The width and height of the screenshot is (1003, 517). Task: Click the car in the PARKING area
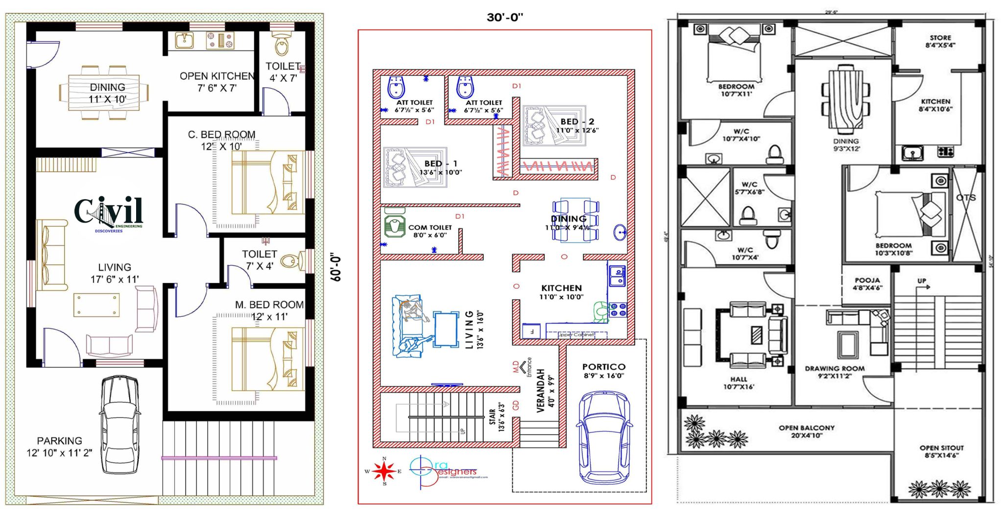(119, 424)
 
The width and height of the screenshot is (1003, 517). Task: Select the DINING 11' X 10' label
(107, 93)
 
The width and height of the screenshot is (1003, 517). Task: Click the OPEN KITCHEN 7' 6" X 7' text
(217, 82)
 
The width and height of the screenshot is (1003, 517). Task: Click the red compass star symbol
(384, 471)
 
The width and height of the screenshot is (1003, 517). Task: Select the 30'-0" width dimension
(504, 18)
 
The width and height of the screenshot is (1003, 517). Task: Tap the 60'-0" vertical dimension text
(336, 267)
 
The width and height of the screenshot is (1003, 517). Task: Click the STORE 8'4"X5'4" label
(940, 41)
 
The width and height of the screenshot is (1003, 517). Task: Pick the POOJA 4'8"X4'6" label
(867, 284)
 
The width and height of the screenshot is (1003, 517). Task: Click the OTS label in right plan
(966, 198)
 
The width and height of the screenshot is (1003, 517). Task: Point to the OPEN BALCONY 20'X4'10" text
(807, 431)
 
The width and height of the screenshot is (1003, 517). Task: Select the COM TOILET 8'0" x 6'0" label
(430, 231)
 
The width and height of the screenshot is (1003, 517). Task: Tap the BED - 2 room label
(577, 125)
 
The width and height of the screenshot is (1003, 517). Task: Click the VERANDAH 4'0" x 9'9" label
(545, 390)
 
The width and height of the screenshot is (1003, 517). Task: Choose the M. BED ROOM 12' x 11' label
(269, 310)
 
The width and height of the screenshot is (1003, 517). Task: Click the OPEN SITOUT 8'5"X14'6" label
(941, 451)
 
